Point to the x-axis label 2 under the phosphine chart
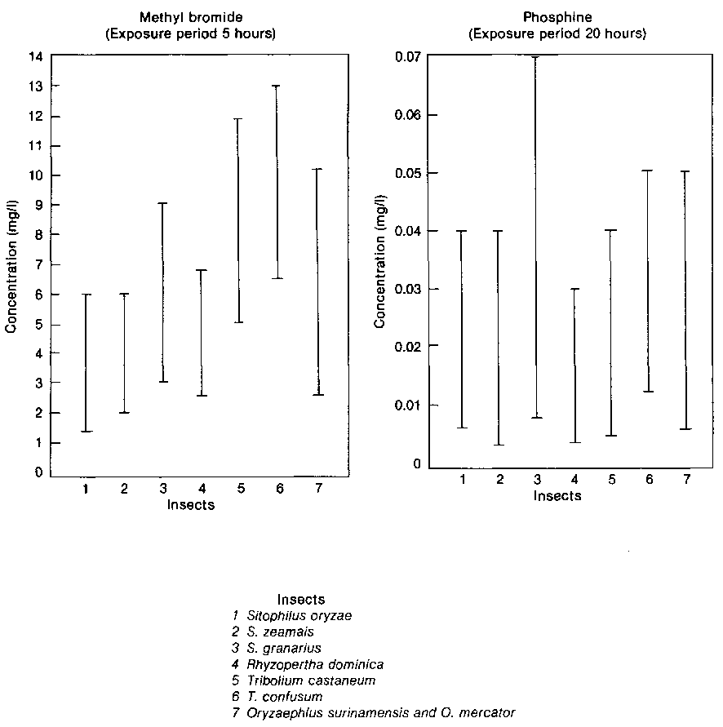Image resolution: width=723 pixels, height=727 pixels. pos(499,480)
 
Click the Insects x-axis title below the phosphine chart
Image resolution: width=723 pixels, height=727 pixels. pos(557,495)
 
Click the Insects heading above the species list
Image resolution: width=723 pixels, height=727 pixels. pos(301,600)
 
